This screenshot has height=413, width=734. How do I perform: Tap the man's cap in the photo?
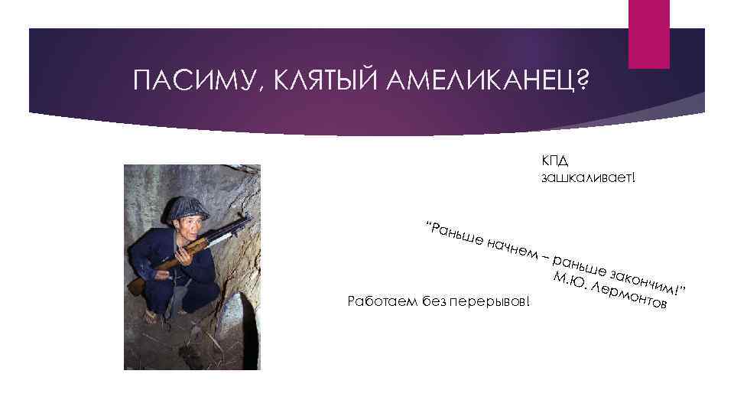coord(187,206)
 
